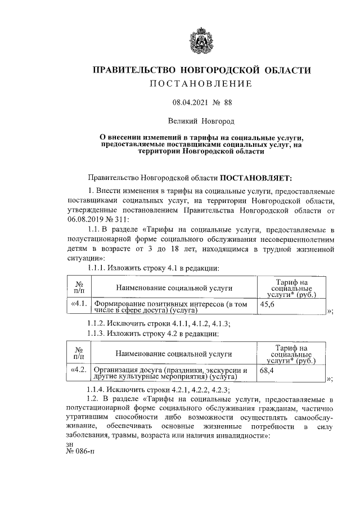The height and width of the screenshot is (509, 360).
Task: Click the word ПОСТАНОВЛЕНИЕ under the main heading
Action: point(201,84)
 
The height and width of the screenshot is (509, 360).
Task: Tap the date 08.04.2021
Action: point(187,103)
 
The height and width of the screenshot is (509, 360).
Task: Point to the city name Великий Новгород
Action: point(201,120)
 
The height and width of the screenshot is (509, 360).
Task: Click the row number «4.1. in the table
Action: point(79,304)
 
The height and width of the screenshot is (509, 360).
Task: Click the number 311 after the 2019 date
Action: point(122,219)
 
